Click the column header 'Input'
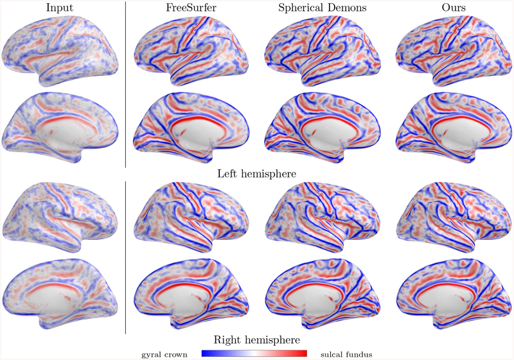(x=63, y=9)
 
